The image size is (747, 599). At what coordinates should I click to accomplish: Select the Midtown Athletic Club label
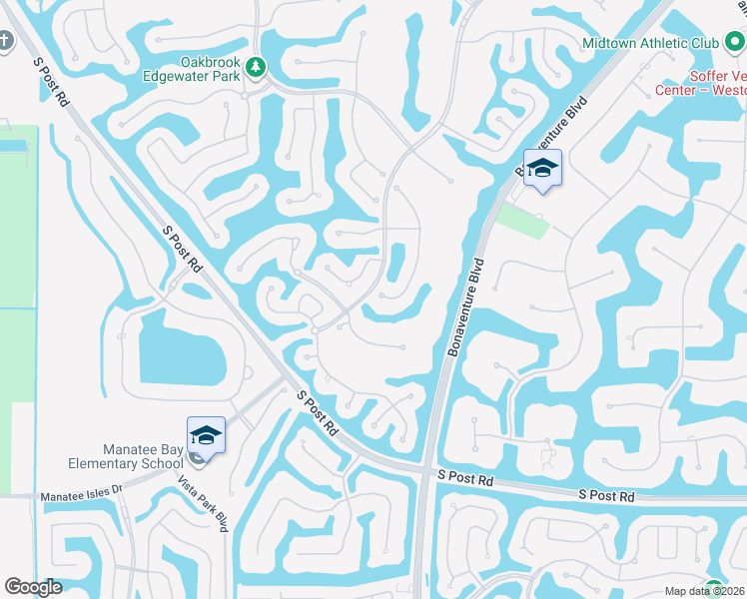(x=649, y=44)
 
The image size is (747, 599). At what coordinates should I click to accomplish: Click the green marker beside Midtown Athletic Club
(x=734, y=43)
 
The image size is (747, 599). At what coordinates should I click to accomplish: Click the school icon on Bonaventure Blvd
(x=543, y=168)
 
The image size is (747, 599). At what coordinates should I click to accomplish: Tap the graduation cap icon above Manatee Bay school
(x=206, y=435)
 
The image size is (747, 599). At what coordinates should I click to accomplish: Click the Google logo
(x=33, y=587)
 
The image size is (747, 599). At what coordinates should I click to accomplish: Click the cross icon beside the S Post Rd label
(x=5, y=42)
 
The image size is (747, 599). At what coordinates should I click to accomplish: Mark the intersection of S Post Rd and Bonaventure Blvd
(x=426, y=472)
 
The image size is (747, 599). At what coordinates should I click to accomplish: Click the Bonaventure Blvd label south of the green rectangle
(x=474, y=291)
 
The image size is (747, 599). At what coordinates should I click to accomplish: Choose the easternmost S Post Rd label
(x=606, y=495)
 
